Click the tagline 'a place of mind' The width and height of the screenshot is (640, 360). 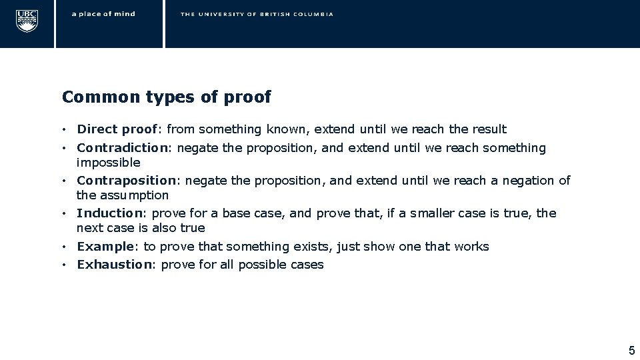pyautogui.click(x=103, y=14)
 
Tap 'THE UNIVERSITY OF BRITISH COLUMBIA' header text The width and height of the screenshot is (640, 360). pyautogui.click(x=257, y=14)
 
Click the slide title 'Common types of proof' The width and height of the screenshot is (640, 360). pyautogui.click(x=166, y=97)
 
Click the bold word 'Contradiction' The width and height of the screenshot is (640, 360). pyautogui.click(x=123, y=148)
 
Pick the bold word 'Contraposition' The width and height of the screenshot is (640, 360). pyautogui.click(x=127, y=181)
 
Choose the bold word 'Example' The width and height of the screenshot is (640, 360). pyautogui.click(x=105, y=247)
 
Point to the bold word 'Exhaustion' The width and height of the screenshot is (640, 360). pyautogui.click(x=114, y=265)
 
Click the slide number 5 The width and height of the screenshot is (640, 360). pyautogui.click(x=631, y=350)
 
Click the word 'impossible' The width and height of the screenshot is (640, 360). pyautogui.click(x=109, y=163)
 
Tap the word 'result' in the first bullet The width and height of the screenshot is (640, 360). pyautogui.click(x=489, y=129)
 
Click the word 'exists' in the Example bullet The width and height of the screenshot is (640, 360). pyautogui.click(x=313, y=247)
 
